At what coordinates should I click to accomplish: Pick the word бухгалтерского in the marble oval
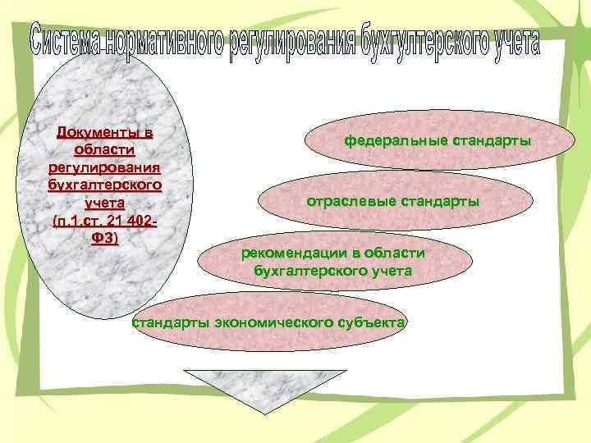click(x=104, y=185)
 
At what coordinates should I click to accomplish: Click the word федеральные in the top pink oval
click(x=396, y=141)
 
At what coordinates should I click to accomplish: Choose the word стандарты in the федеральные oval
click(x=490, y=141)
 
